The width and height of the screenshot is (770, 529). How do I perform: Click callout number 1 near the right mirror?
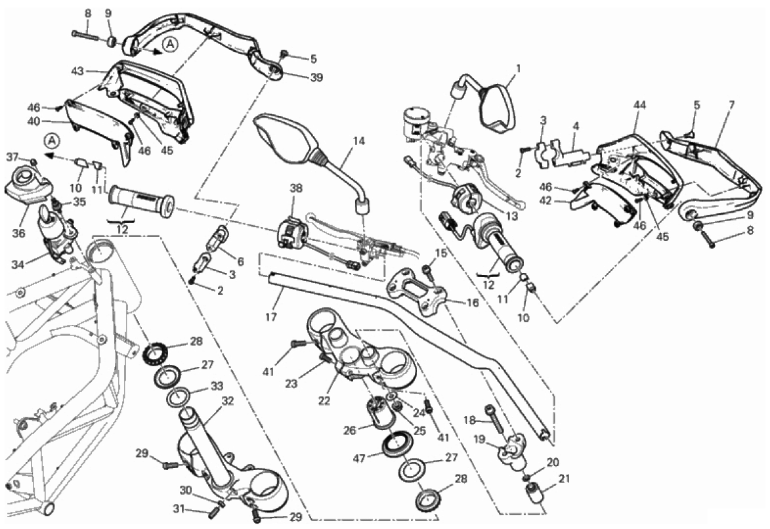517,68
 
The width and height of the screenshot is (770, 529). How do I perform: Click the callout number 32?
227,400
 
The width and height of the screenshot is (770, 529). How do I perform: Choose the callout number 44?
640,105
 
